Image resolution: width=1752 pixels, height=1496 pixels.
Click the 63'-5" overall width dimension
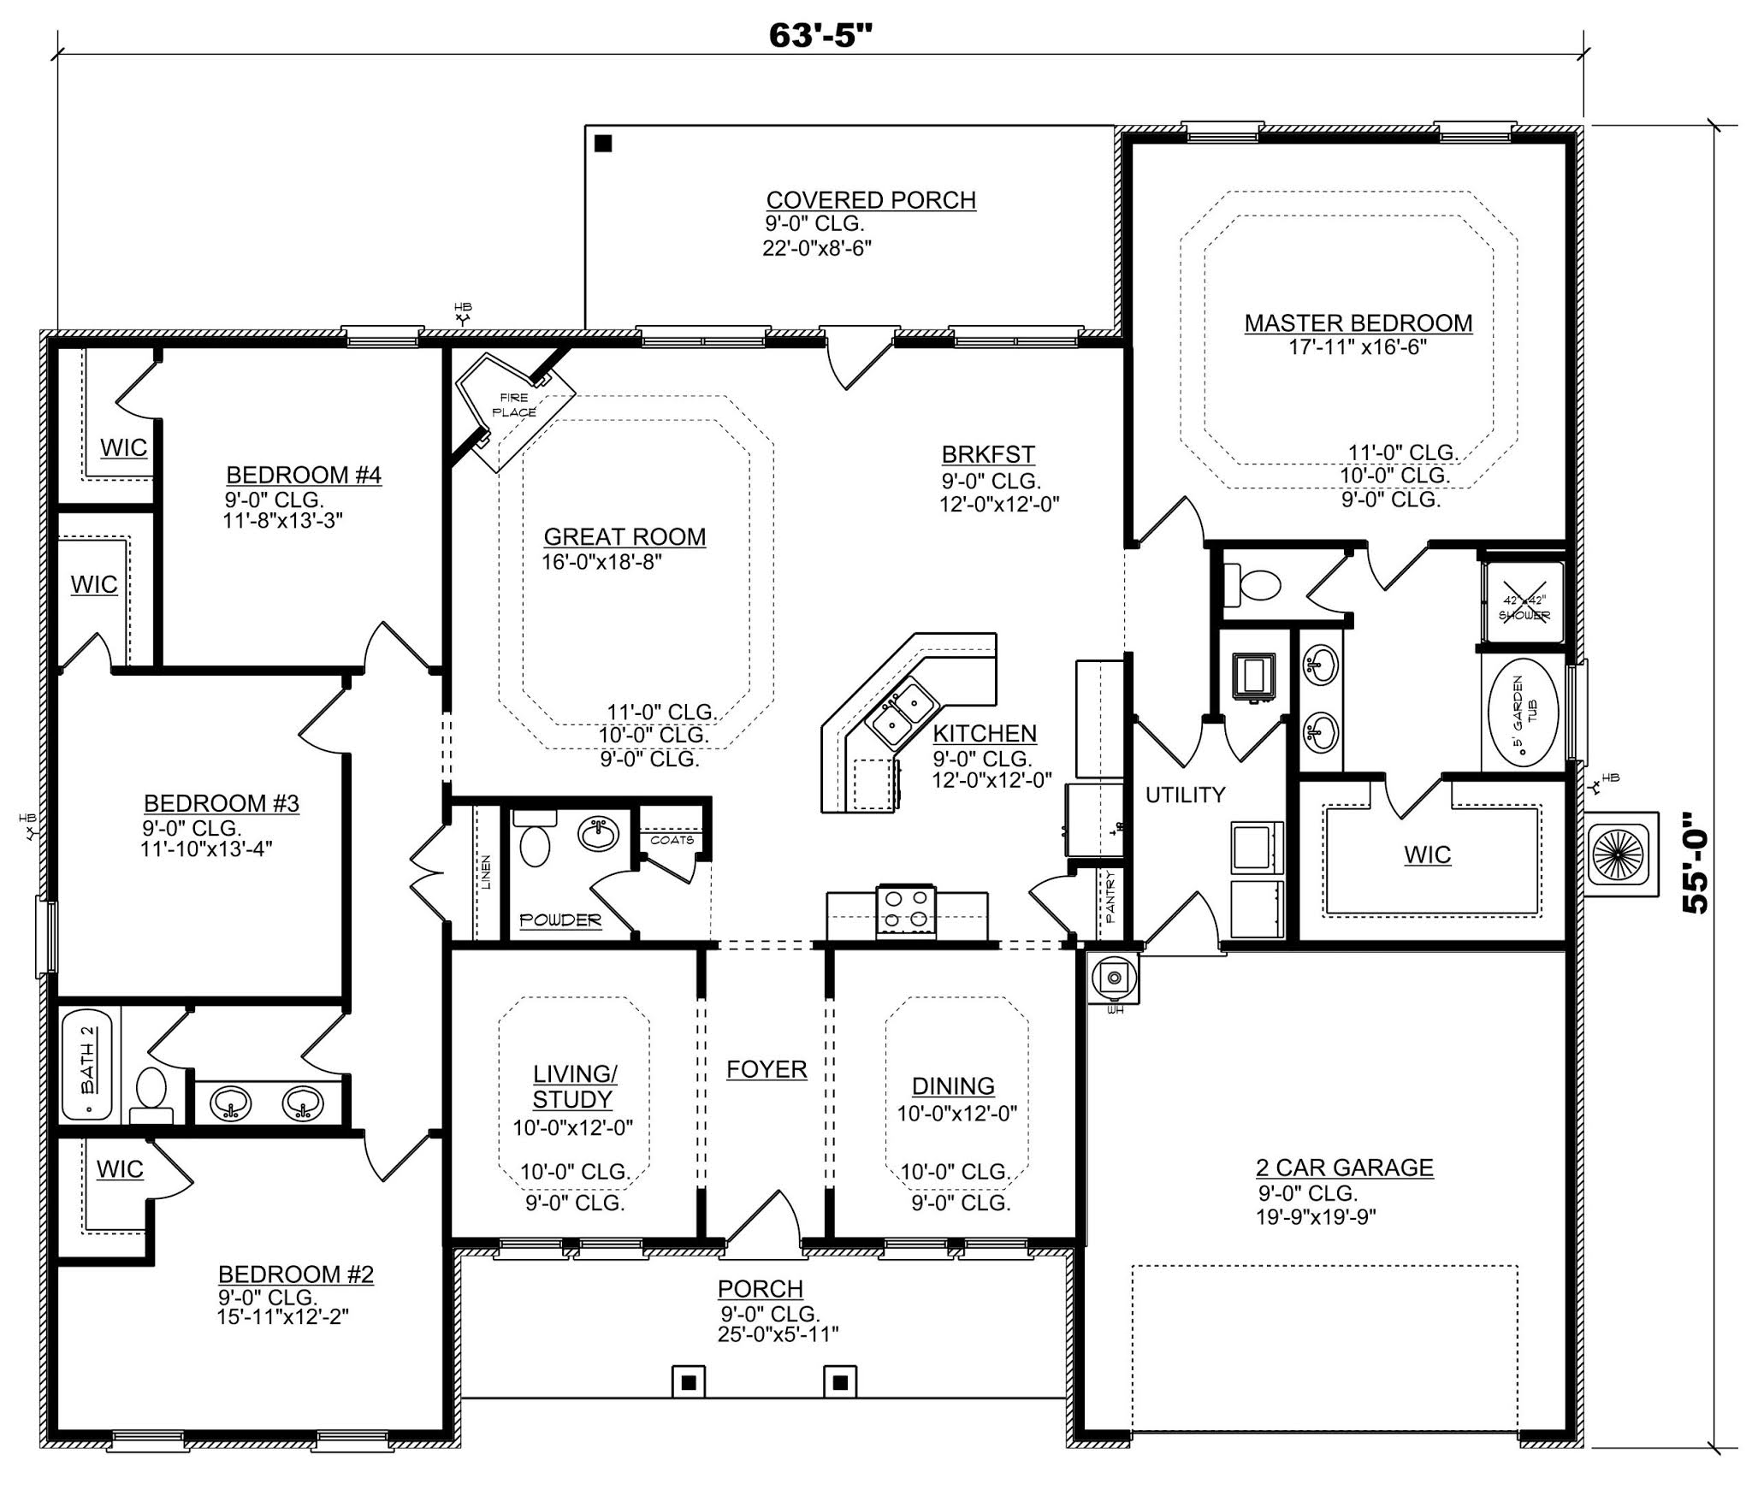pos(820,36)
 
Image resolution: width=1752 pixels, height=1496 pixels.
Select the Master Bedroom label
pos(1358,323)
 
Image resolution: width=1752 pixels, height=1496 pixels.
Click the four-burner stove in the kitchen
pos(906,909)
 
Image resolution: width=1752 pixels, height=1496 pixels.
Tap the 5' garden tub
pos(1524,712)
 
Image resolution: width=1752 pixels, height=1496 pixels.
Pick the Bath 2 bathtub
pos(88,1065)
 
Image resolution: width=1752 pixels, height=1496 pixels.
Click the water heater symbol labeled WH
pos(1114,979)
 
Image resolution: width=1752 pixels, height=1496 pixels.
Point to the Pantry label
pos(1110,896)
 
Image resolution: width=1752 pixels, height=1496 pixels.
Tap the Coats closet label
pos(672,840)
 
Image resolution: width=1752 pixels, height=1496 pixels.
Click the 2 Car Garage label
pos(1343,1168)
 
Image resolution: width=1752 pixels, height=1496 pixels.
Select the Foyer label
pos(766,1069)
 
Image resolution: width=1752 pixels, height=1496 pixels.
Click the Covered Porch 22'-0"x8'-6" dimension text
pos(817,248)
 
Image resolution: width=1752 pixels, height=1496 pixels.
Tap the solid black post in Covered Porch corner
pos(603,144)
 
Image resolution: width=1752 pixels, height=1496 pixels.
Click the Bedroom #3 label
pos(221,803)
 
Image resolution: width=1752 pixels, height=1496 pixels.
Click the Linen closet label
pos(486,872)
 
